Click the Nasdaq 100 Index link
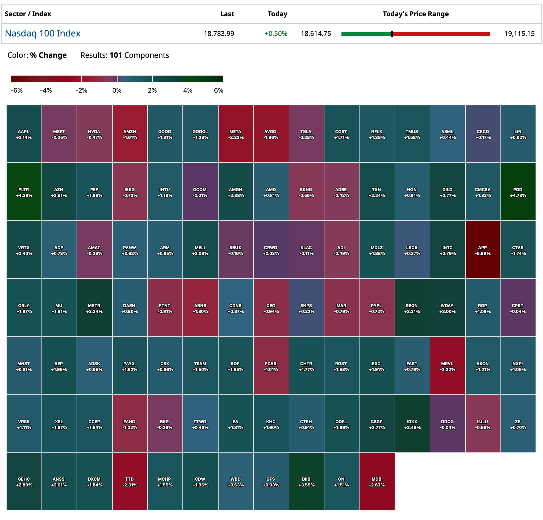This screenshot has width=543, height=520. coord(43,33)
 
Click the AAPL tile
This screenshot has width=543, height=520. coord(24,134)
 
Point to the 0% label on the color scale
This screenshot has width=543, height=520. coord(117,90)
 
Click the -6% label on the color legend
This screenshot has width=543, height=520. coord(16,90)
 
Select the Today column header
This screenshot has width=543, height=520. coord(277,14)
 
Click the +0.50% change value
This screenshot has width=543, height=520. coord(275,34)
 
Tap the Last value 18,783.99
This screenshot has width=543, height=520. coord(219,34)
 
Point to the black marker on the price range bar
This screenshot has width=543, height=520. coord(391,34)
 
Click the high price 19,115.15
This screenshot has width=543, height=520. coord(519,34)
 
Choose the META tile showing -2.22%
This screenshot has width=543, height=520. coord(236,134)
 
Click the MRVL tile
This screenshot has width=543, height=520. coord(447,366)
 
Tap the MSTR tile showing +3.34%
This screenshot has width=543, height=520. coord(94,308)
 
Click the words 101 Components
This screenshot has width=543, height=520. coord(139,55)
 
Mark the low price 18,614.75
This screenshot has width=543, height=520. coord(316,34)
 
